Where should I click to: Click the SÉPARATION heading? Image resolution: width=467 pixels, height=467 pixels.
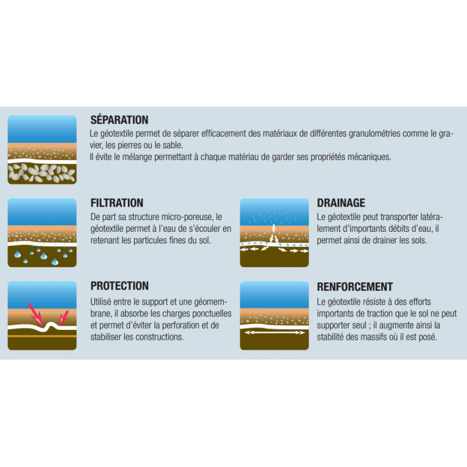tap(119, 120)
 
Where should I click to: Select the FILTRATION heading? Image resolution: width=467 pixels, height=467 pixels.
tap(117, 203)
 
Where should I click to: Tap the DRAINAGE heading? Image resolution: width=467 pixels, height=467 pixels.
tap(341, 203)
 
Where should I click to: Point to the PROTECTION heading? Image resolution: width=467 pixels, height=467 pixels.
tap(120, 286)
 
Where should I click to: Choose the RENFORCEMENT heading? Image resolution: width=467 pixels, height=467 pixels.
tap(355, 287)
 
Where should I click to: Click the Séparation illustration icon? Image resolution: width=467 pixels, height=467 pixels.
tap(42, 150)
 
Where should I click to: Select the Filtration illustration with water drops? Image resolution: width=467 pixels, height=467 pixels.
tap(42, 232)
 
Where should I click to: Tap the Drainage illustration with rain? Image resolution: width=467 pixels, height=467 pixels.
tap(274, 232)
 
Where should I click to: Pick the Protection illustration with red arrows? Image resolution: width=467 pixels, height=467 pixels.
tap(42, 316)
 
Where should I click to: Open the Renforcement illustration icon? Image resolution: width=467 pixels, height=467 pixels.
tap(274, 316)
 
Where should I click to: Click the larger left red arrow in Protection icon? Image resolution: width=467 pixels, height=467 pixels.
tap(36, 315)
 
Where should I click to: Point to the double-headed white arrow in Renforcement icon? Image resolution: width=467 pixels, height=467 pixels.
tap(274, 332)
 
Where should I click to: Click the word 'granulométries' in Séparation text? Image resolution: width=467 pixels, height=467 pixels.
tap(374, 134)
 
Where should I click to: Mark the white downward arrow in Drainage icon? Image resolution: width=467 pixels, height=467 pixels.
tap(274, 228)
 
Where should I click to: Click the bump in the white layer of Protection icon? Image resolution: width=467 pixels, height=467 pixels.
tap(52, 325)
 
